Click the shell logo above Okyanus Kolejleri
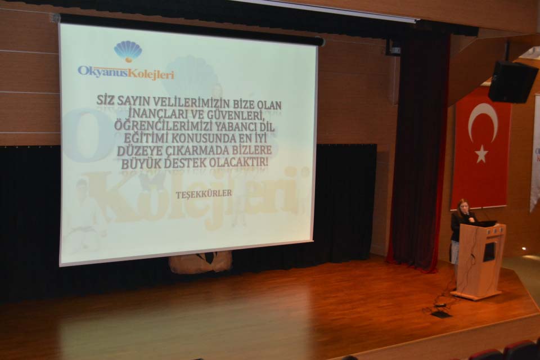click(x=128, y=52)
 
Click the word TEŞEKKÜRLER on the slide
click(x=204, y=194)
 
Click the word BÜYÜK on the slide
click(x=141, y=164)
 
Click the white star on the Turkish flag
click(x=481, y=154)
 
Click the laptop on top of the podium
click(x=485, y=223)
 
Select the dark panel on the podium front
click(x=489, y=251)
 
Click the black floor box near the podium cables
click(x=440, y=314)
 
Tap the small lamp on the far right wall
click(x=524, y=249)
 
